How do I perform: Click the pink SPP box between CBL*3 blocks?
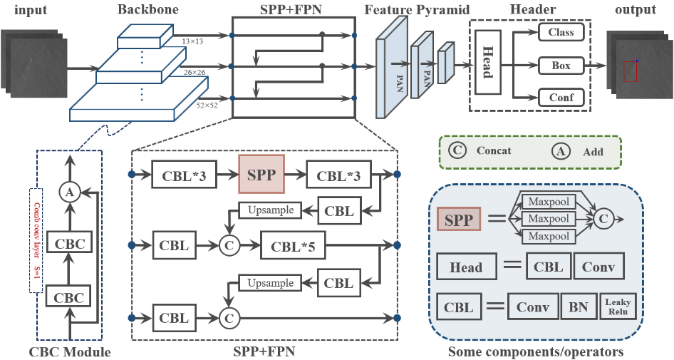[x=261, y=174]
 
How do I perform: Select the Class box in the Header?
[x=561, y=32]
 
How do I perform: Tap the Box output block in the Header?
[x=561, y=66]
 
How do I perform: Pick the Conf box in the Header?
[x=561, y=98]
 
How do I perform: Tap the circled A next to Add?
[x=562, y=150]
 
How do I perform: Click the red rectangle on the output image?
[x=631, y=72]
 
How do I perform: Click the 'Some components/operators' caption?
[x=536, y=351]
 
